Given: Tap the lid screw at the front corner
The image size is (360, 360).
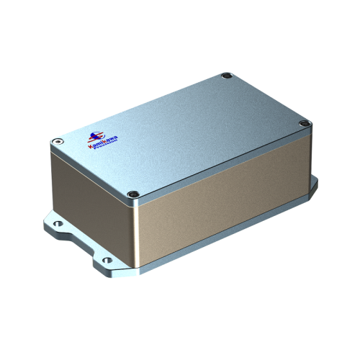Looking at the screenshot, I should pyautogui.click(x=132, y=194).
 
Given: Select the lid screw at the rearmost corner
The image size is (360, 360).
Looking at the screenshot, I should pyautogui.click(x=226, y=75).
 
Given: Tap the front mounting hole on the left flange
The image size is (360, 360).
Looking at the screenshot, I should pyautogui.click(x=107, y=260).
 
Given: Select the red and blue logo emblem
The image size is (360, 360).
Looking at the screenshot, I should pyautogui.click(x=94, y=135).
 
